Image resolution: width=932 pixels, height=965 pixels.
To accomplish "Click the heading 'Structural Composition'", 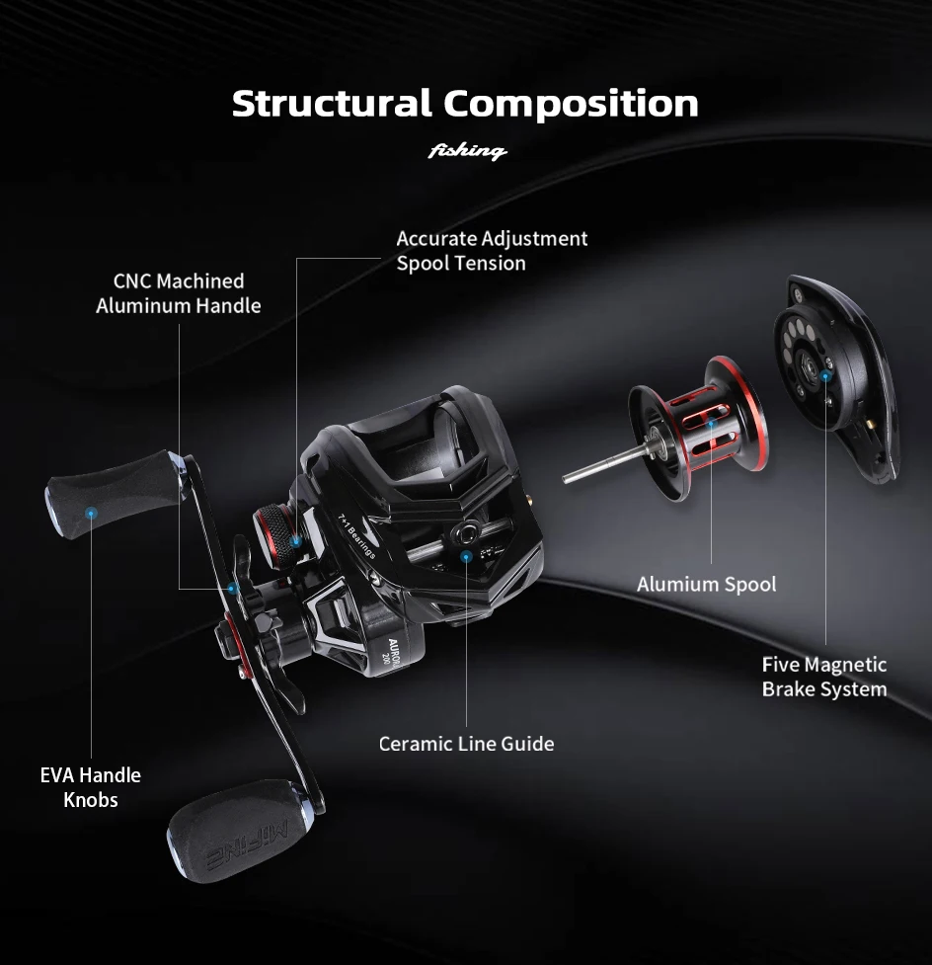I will coord(465,104).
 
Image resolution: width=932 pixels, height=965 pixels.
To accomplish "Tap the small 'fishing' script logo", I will coord(467,151).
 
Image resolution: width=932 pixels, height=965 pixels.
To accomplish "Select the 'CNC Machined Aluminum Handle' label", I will coord(179,293).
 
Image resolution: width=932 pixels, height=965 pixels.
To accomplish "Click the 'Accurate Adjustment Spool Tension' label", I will coord(492,251).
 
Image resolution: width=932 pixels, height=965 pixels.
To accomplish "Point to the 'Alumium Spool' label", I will coord(706,584).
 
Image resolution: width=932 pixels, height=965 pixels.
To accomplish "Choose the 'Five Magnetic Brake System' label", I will coord(823,677).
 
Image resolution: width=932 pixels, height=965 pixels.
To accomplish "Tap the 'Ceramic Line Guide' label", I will coord(466,744).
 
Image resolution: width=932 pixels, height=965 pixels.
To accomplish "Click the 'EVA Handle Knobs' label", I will coord(91,787).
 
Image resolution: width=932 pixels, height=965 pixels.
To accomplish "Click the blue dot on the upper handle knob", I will coord(91,513).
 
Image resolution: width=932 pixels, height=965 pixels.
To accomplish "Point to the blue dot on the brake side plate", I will coord(824,375).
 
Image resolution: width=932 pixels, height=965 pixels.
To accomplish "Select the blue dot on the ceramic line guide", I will coord(466,556).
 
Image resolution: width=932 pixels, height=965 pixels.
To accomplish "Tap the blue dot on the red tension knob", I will coord(295,540).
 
